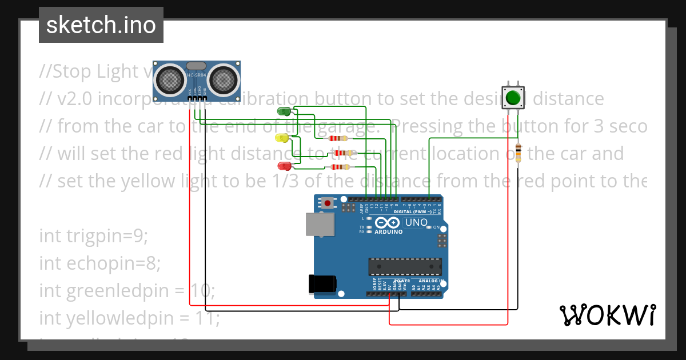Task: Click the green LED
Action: [x=283, y=110]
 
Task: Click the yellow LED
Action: [x=282, y=138]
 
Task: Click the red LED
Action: [x=283, y=166]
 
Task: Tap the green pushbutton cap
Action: [x=513, y=98]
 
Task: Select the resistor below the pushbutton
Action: [x=518, y=153]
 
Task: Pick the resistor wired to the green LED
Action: [x=338, y=138]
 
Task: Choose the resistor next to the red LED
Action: [x=342, y=167]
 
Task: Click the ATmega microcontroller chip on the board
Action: [x=405, y=266]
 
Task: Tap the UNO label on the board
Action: [x=416, y=222]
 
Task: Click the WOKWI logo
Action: [x=607, y=315]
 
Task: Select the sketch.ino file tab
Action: [x=101, y=25]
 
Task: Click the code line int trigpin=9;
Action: [x=94, y=235]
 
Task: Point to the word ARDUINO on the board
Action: [x=389, y=232]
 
